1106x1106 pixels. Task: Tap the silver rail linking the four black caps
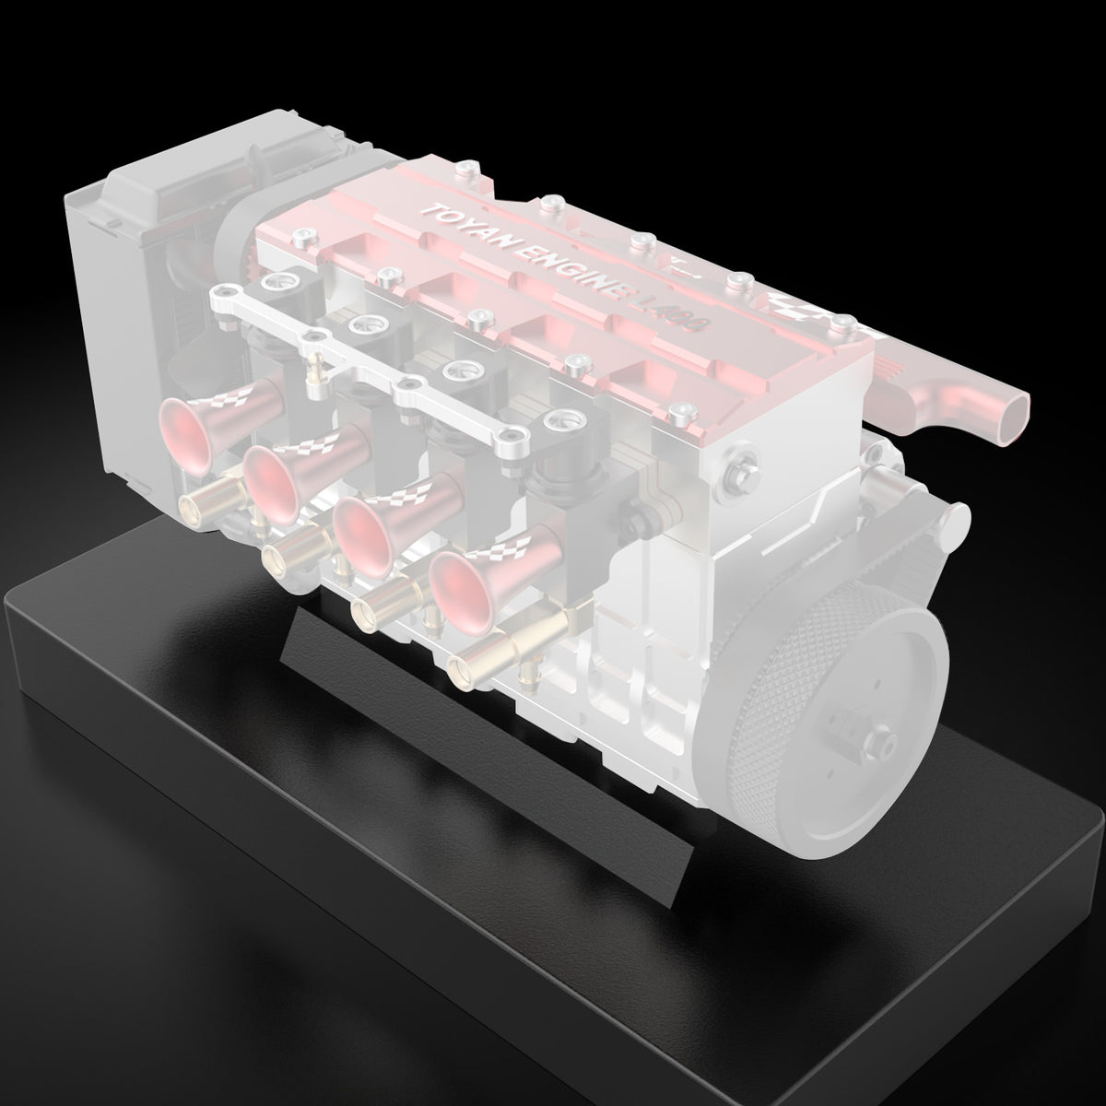(x=369, y=364)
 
